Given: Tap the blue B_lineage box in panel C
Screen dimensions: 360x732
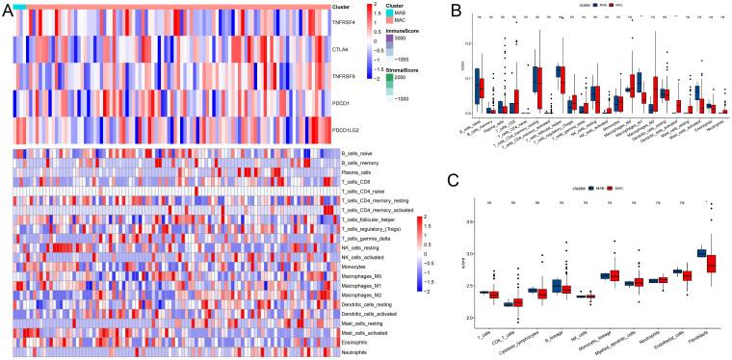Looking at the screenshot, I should [529, 286].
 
